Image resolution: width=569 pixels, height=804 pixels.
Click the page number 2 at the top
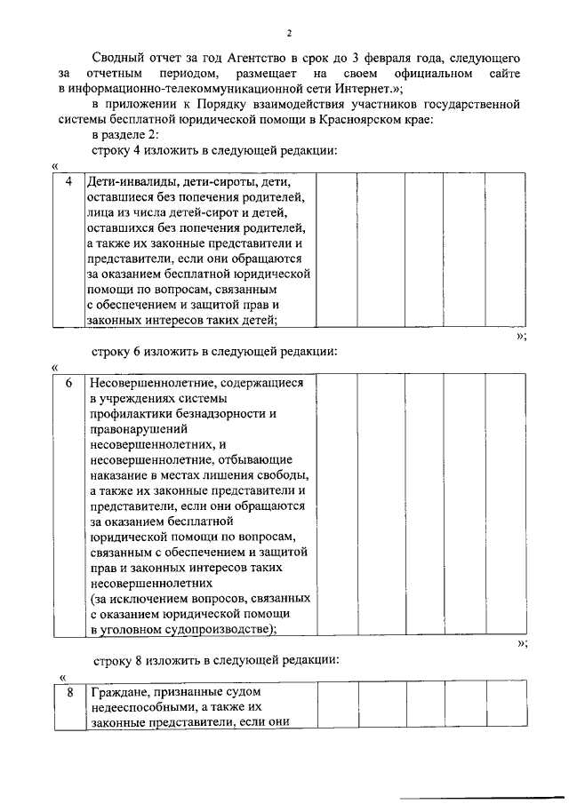coord(289,33)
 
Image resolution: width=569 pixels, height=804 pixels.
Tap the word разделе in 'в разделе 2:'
coord(125,135)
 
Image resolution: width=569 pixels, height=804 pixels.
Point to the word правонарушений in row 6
coord(133,429)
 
